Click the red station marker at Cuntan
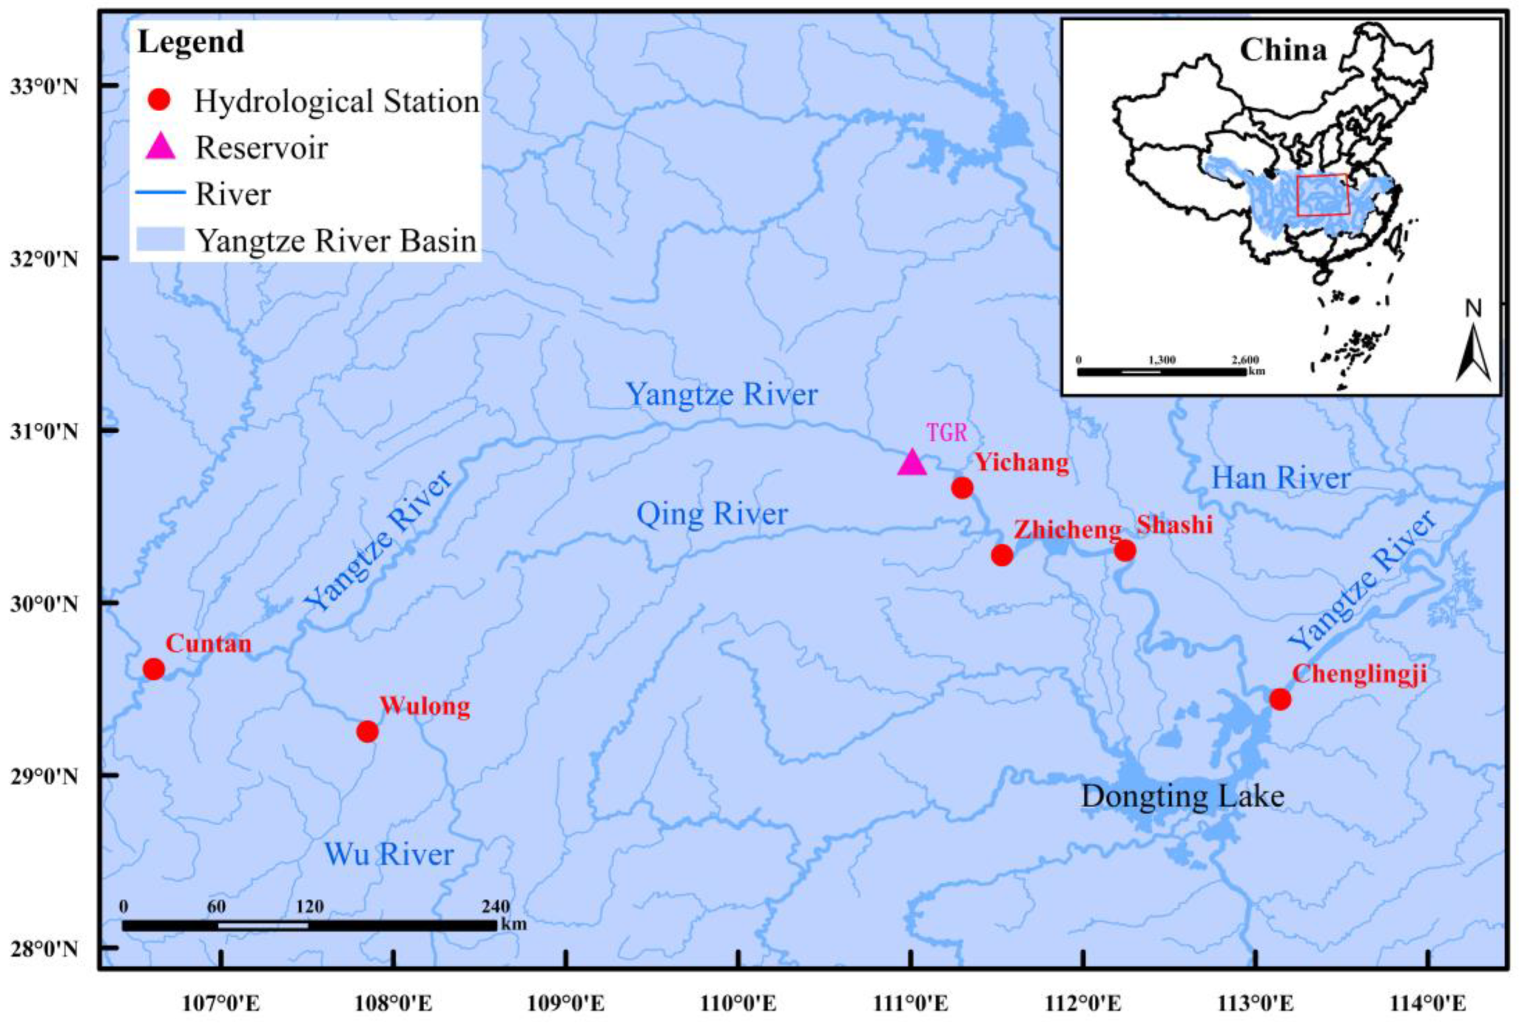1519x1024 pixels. (x=153, y=669)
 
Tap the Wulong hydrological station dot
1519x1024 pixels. (x=367, y=731)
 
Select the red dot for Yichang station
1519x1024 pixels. (x=962, y=488)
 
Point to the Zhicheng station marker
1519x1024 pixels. (x=1002, y=555)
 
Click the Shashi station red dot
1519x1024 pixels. (x=1125, y=550)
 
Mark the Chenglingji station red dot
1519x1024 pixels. (x=1280, y=699)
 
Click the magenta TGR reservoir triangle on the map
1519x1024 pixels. (x=912, y=463)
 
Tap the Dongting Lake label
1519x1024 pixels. (x=1182, y=796)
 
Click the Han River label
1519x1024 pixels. (x=1281, y=478)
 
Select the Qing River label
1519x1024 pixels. (x=712, y=514)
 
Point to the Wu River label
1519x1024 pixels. (x=389, y=854)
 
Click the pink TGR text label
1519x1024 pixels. (x=947, y=433)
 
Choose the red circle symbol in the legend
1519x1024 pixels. (x=160, y=100)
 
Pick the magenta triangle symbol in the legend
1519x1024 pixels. (x=160, y=147)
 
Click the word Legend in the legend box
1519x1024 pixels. (x=191, y=42)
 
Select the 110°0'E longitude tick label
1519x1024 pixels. (x=739, y=1004)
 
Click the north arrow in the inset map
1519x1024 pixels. (x=1473, y=350)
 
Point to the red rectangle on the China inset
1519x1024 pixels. (x=1323, y=195)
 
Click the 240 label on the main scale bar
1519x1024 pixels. (x=495, y=907)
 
